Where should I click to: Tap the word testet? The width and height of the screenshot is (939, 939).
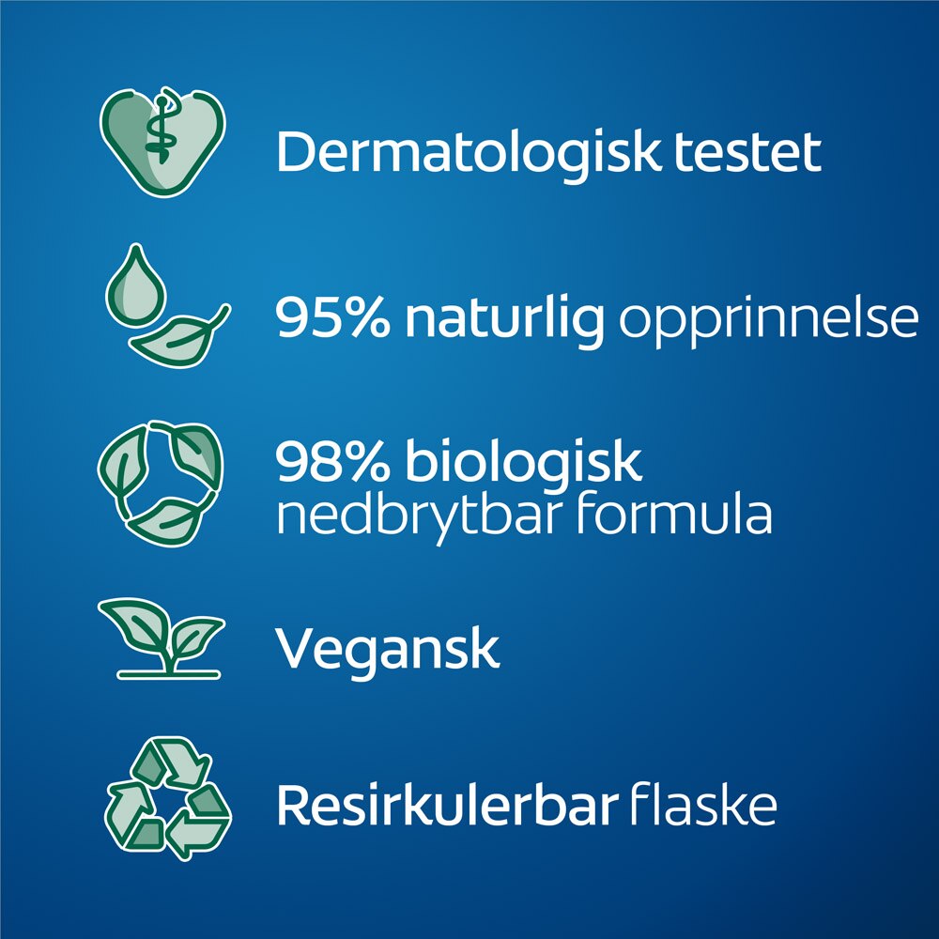(x=747, y=153)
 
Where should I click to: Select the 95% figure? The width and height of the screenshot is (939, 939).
(x=332, y=317)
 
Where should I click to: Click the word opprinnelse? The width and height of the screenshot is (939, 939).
(x=768, y=322)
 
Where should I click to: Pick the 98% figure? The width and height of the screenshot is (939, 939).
(x=332, y=461)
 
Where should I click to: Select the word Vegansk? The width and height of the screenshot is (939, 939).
(x=388, y=653)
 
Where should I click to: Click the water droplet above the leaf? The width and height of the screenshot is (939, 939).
(x=136, y=286)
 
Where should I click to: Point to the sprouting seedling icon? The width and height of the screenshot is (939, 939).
(x=162, y=639)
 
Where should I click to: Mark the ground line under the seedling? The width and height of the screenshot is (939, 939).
(x=169, y=675)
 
